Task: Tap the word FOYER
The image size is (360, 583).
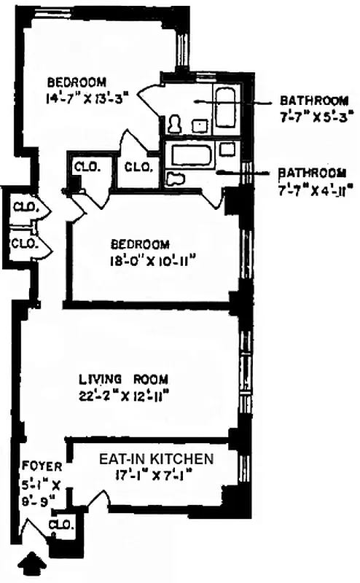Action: [37, 465]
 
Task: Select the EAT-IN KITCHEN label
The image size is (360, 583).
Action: [156, 459]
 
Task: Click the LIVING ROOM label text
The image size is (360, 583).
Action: [124, 379]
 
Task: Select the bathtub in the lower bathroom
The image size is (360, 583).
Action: [191, 154]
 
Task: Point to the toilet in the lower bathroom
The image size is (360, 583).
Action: [174, 179]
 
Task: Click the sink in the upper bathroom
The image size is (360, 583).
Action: [198, 126]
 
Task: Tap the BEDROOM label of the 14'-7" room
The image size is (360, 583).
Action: [77, 81]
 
